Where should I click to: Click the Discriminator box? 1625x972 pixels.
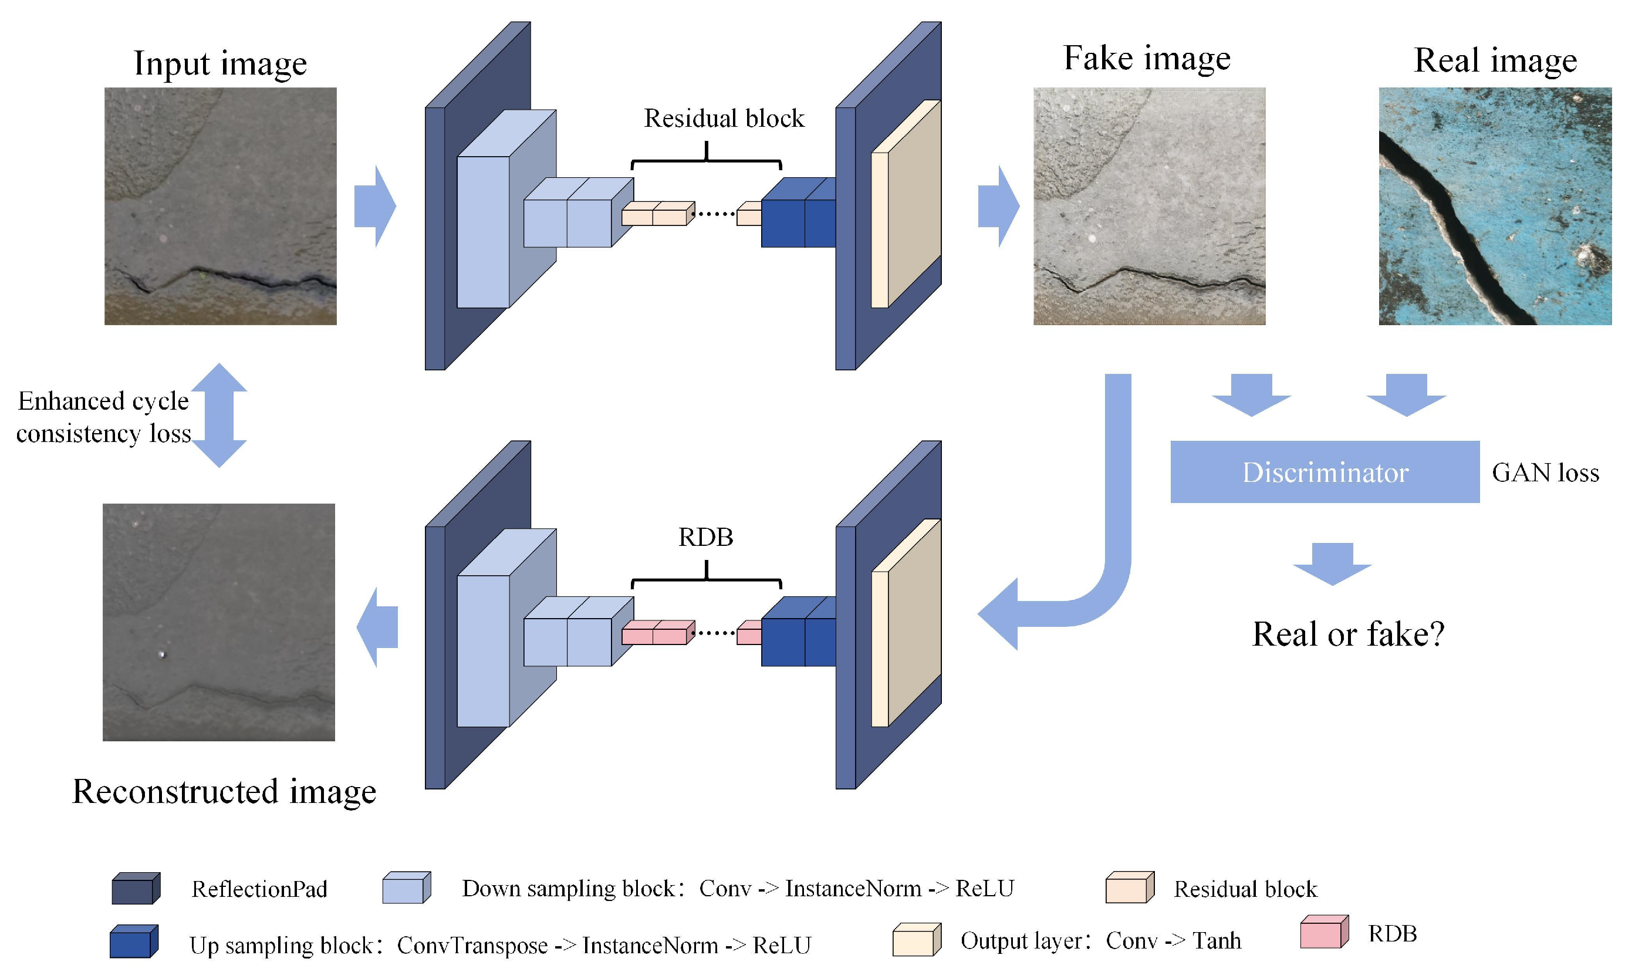(x=1324, y=471)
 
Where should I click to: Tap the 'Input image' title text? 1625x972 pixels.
(x=220, y=63)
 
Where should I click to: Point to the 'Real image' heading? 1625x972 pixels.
(x=1495, y=60)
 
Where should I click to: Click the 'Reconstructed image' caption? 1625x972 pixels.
(x=224, y=791)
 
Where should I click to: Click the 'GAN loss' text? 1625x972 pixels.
(x=1545, y=473)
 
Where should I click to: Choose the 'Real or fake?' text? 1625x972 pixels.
(x=1347, y=634)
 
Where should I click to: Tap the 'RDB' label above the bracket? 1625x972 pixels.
(x=705, y=537)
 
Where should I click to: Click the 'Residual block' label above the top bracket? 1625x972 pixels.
(x=724, y=119)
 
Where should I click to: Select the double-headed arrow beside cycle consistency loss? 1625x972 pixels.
(x=219, y=415)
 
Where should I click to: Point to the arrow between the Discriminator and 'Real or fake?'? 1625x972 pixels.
(x=1332, y=564)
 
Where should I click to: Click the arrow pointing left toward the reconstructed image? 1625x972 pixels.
(x=378, y=627)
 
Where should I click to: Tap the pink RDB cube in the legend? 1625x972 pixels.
(x=1323, y=932)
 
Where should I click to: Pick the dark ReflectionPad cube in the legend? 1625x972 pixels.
(x=136, y=889)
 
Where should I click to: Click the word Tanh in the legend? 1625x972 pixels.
(x=1216, y=940)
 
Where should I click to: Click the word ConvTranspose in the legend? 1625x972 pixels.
(x=472, y=945)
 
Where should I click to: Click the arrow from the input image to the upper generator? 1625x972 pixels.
(x=375, y=207)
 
